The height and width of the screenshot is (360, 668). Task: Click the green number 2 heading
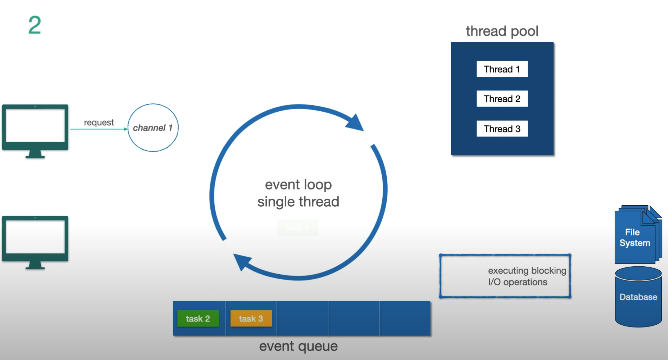pos(34,25)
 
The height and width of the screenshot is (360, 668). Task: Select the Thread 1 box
pos(502,69)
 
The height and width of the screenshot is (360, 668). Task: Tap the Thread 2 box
pos(502,99)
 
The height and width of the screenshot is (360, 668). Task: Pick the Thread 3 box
pos(502,129)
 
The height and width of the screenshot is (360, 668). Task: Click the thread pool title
pos(502,31)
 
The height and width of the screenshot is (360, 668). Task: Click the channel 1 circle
pos(153,128)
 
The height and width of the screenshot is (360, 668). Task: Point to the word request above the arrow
pos(99,123)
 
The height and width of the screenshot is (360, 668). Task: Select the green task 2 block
pos(198,319)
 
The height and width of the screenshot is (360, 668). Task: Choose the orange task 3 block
pos(251,319)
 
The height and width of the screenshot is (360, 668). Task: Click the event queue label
pos(298,346)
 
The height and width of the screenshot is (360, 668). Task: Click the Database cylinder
pos(638,297)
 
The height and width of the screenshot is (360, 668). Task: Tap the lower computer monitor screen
pos(35,237)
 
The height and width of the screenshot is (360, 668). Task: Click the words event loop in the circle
pos(298,184)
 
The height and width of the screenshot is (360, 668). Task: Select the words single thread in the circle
pos(298,202)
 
